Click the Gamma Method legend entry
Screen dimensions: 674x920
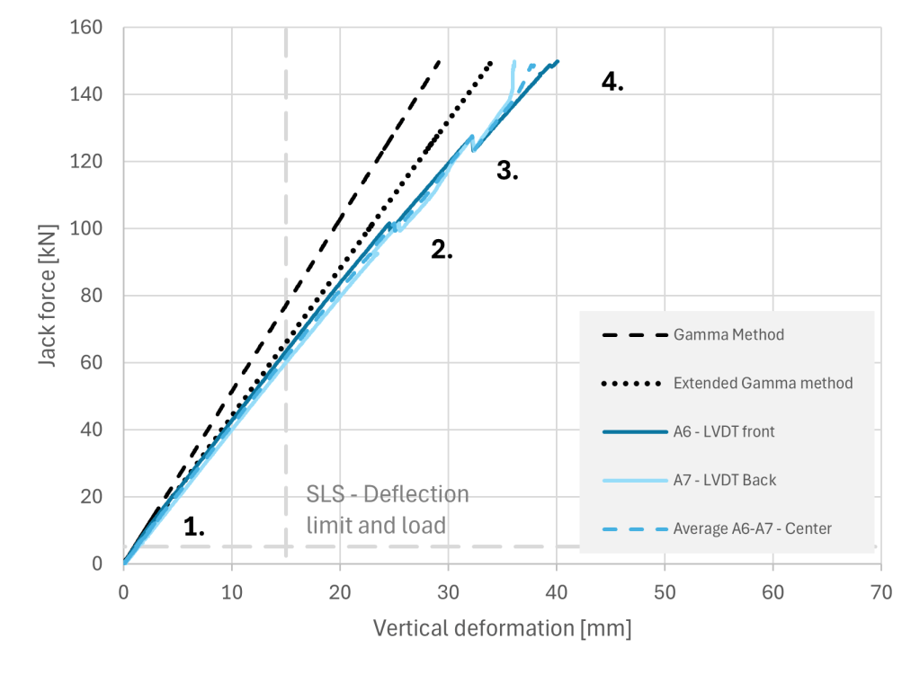coord(728,335)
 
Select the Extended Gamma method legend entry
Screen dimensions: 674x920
coord(763,384)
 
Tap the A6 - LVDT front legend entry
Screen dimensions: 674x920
coord(724,432)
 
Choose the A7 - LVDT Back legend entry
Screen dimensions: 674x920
coord(724,480)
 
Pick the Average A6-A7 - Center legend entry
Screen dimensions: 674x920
coord(752,528)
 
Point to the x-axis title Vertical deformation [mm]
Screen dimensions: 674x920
coord(502,627)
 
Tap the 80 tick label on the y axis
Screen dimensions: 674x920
coord(91,296)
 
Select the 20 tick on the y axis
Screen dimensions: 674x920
coord(91,497)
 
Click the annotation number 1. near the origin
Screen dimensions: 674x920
coord(194,528)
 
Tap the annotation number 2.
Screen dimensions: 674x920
coord(442,251)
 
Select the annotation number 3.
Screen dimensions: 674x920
coord(508,171)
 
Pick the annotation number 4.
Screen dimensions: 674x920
coord(612,82)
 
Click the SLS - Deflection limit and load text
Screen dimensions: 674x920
coord(388,509)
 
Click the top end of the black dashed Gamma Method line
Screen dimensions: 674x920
coord(439,62)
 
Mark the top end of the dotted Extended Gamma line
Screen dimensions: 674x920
coord(491,62)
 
